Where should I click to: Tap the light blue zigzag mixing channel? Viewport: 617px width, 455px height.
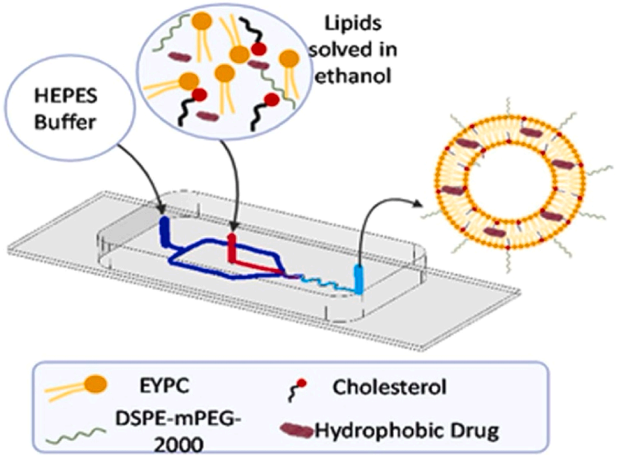coord(326,281)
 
